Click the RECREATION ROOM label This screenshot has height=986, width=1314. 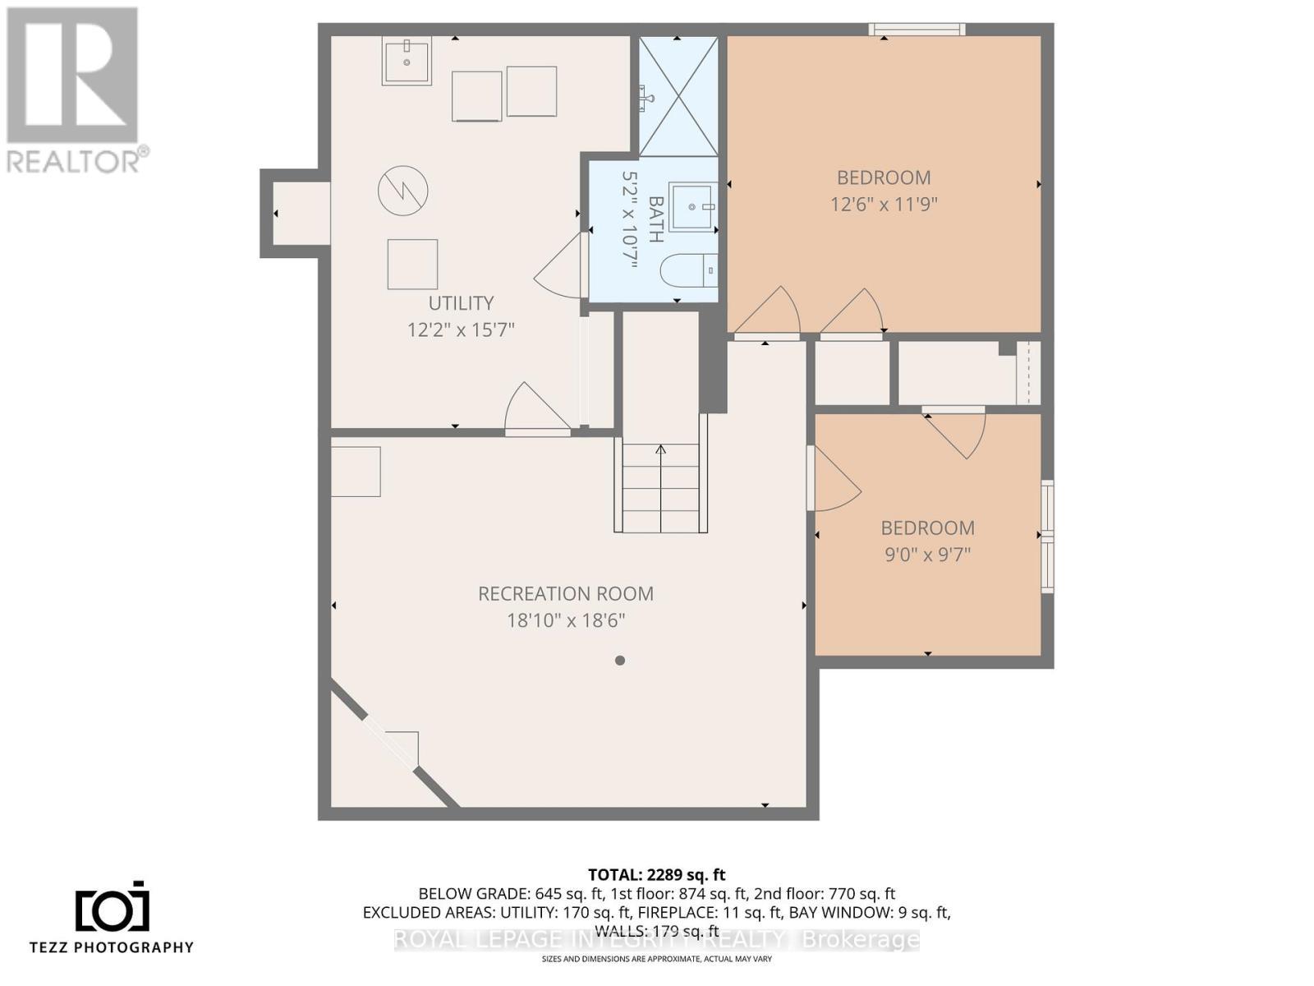point(566,593)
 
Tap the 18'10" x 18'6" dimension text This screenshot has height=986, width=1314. point(566,620)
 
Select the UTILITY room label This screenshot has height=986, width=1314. point(461,303)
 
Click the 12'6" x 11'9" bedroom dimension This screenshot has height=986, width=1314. point(884,204)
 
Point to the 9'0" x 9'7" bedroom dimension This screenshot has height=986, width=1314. point(927,555)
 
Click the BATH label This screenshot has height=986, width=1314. point(655,219)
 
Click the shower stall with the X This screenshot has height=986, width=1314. point(678,96)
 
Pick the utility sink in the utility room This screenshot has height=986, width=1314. point(407,60)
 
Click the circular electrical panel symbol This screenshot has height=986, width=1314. point(402,191)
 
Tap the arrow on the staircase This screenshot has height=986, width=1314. point(660,450)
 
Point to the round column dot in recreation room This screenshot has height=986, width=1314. point(620,660)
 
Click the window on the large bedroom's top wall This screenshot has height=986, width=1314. point(917,30)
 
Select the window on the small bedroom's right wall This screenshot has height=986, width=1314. point(1047,536)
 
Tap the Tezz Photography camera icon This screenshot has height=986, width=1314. point(113,908)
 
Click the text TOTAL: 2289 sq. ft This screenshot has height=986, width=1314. point(656,874)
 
